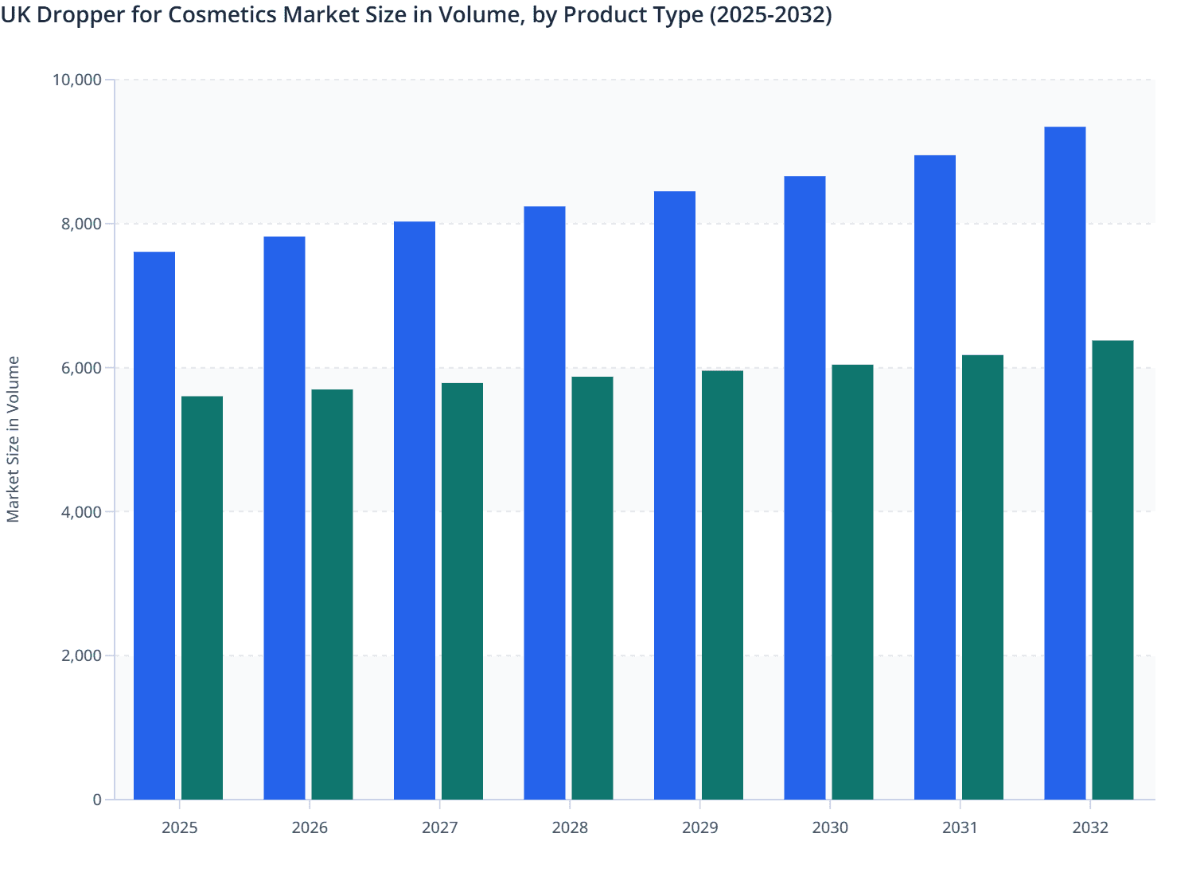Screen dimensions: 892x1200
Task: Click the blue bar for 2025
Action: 154,526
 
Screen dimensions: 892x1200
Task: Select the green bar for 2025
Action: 202,597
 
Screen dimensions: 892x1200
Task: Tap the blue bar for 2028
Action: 544,502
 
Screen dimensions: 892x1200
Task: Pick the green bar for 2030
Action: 852,581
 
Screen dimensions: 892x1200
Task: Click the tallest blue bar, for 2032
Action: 1065,462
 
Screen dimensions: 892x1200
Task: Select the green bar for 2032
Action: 1112,569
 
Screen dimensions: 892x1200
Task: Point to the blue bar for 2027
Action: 415,510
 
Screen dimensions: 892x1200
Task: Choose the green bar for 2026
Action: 332,594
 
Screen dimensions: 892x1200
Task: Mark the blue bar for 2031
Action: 935,478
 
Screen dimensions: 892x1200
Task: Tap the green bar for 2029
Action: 723,585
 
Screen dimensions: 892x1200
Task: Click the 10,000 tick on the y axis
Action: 76,80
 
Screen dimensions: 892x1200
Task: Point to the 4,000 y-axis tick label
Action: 81,512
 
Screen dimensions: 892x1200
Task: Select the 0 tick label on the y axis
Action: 97,800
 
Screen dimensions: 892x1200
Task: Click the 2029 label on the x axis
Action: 699,827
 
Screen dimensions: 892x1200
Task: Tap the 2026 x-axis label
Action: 310,827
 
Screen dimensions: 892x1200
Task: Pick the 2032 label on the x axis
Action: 1090,827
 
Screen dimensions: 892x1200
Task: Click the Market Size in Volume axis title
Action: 13,439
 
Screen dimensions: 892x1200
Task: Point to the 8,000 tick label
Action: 81,224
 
